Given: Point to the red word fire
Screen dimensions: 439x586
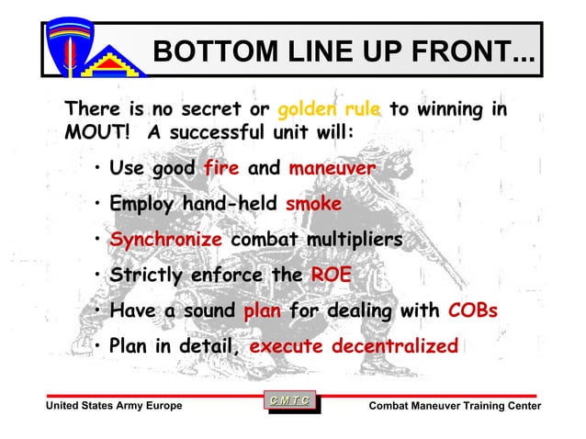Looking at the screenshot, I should click(221, 169).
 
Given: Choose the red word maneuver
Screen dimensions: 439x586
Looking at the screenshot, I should click(332, 169).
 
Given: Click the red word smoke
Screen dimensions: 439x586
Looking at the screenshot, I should click(313, 204).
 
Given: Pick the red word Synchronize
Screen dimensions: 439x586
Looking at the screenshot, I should click(166, 240).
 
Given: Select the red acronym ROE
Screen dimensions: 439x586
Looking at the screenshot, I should click(330, 275).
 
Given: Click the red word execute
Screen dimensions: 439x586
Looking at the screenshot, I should click(286, 346).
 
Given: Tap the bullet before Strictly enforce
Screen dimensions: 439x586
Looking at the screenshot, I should click(96, 276).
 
